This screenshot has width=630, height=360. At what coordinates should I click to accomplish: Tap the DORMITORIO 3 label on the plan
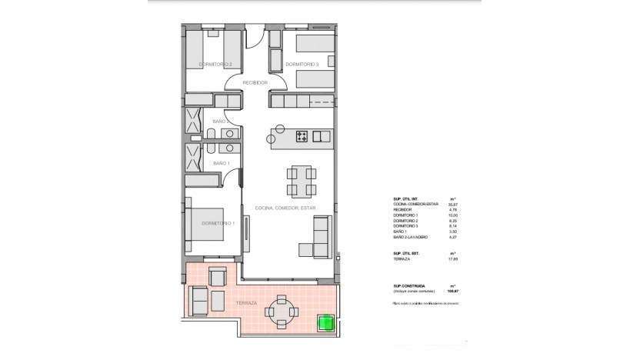tap(302, 64)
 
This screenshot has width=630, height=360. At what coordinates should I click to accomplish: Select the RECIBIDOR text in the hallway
tap(254, 82)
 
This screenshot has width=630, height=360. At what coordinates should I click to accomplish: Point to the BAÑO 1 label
tap(220, 163)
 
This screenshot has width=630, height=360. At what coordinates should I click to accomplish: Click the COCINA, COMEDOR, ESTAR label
tap(292, 208)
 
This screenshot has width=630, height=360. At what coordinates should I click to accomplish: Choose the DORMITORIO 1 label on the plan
tap(217, 223)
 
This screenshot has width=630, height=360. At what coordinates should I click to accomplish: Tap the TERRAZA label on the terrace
tap(225, 305)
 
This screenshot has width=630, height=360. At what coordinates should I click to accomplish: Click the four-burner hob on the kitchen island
tap(302, 137)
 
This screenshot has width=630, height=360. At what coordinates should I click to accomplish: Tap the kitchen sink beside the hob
tap(322, 137)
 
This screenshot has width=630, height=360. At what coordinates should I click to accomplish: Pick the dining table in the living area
tap(301, 182)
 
